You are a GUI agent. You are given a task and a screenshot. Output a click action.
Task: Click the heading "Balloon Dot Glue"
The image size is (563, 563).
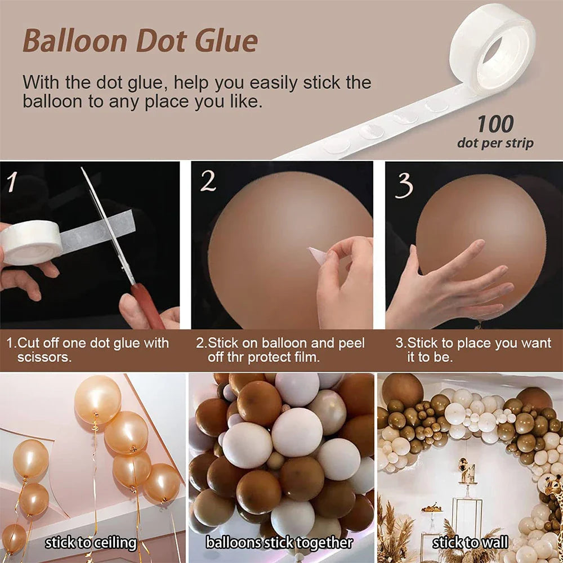point(140,41)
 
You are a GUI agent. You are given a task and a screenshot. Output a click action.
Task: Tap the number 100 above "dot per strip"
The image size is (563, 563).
point(495,124)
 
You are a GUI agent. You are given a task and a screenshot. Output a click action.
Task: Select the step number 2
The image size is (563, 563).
point(208,182)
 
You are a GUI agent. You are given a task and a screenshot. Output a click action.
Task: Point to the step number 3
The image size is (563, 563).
point(403,185)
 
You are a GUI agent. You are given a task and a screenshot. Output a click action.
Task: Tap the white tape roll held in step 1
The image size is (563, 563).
point(31,243)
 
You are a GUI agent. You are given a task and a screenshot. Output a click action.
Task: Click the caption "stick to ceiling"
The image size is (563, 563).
point(91,543)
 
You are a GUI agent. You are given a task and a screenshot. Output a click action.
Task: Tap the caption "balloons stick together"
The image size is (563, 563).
point(279,543)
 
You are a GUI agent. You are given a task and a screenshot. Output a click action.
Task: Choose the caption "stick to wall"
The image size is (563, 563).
point(470,543)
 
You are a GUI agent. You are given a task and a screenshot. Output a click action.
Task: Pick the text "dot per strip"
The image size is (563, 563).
point(495,143)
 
